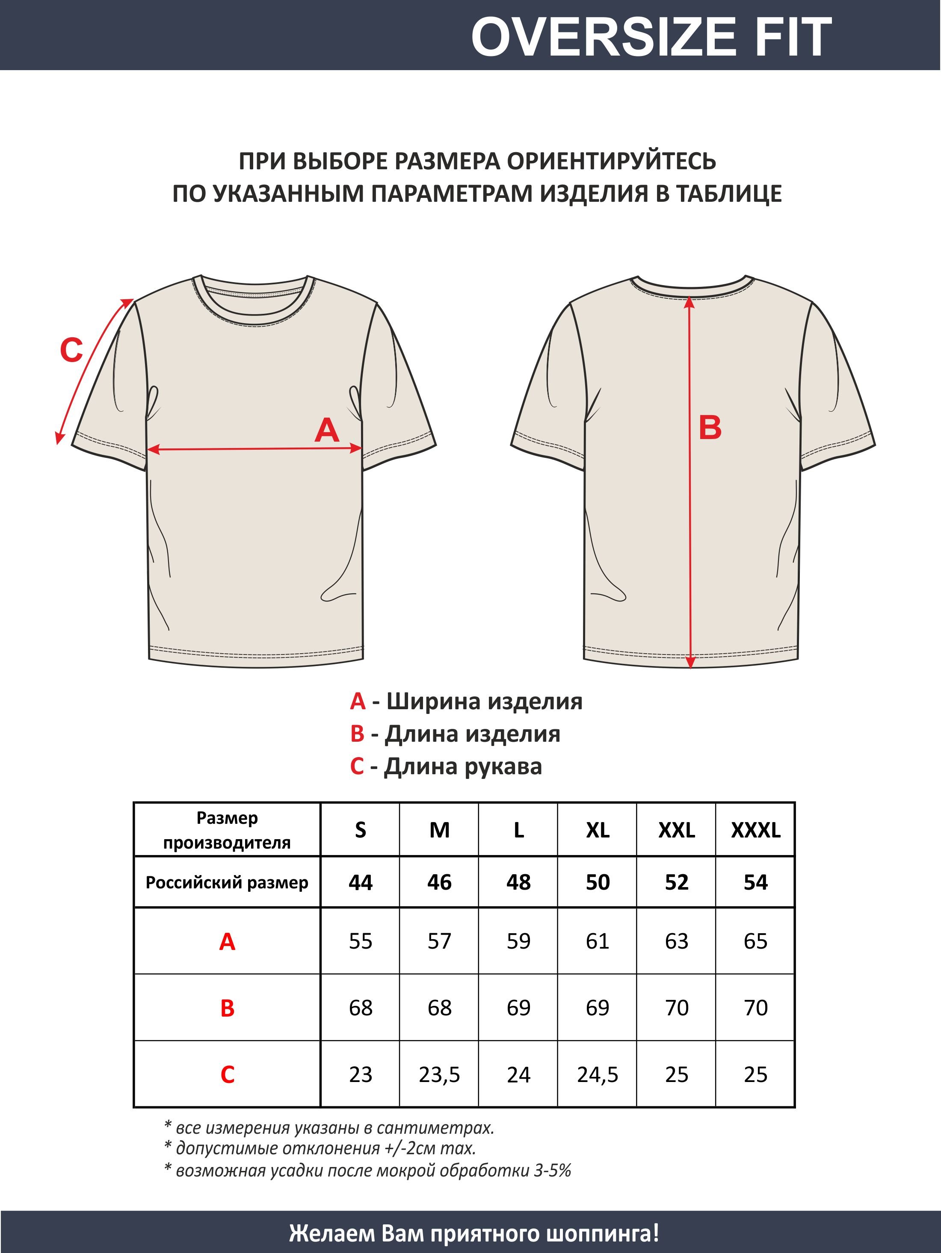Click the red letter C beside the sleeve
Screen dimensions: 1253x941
coord(71,350)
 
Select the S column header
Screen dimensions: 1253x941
coord(361,831)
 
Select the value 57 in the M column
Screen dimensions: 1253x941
coord(439,941)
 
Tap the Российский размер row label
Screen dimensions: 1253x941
coord(227,882)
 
